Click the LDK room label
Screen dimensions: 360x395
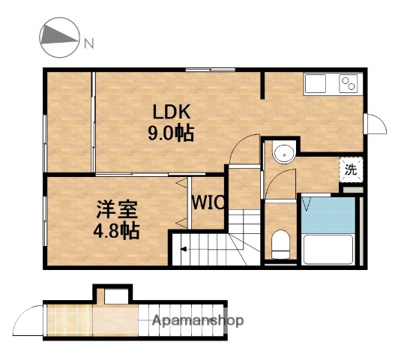(x=173, y=112)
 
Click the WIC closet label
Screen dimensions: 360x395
(x=208, y=202)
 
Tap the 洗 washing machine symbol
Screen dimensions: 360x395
(x=351, y=169)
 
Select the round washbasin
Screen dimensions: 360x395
(x=283, y=154)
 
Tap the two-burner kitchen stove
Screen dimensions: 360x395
(x=349, y=82)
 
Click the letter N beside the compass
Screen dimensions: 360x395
(x=88, y=43)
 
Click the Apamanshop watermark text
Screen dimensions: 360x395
(x=198, y=321)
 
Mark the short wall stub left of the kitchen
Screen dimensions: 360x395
(x=263, y=85)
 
